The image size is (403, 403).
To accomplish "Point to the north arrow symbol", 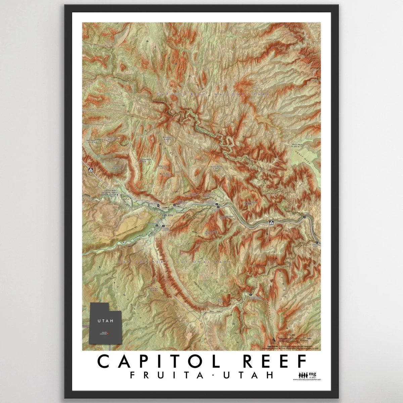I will [x=274, y=338].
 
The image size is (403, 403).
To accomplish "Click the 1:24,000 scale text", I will [x=291, y=335].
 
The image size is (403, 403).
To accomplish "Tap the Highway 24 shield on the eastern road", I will [x=271, y=223].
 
